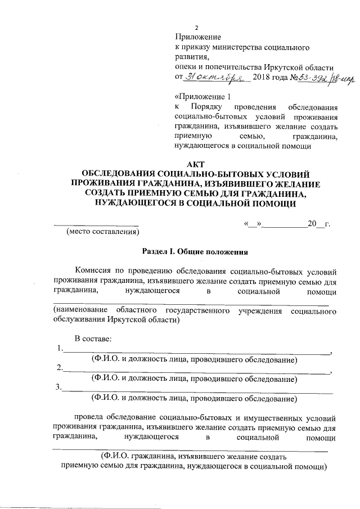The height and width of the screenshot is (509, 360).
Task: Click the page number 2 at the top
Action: click(x=196, y=28)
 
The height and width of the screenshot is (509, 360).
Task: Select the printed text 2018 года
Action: click(x=269, y=77)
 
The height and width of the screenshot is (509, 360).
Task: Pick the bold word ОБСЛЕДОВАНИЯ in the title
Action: click(x=119, y=174)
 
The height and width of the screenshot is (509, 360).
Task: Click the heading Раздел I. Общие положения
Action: click(x=195, y=253)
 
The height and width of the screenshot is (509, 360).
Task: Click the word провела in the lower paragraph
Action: click(x=88, y=418)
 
